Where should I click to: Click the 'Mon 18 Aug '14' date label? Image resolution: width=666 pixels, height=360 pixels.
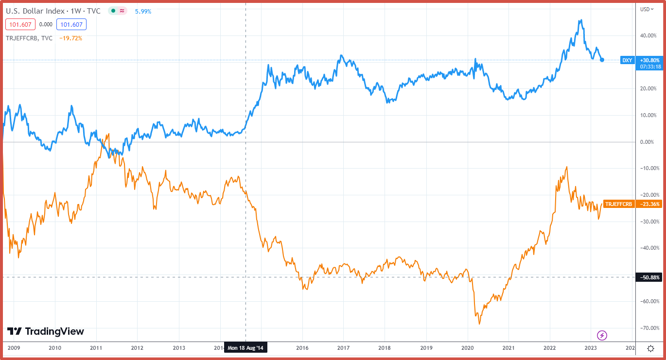246,348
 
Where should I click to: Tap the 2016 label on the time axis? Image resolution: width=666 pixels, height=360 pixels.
302,348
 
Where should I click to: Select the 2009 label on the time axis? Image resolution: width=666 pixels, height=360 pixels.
14,348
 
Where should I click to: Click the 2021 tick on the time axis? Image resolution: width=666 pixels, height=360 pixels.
508,348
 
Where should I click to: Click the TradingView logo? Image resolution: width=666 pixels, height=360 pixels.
46,331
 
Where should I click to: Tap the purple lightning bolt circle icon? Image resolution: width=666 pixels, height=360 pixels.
602,335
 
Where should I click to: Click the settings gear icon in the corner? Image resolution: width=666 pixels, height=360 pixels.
651,348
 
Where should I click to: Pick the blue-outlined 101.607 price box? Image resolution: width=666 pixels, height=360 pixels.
70,24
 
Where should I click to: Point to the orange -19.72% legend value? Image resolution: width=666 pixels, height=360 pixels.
70,38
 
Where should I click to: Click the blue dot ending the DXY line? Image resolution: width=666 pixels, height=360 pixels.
602,60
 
